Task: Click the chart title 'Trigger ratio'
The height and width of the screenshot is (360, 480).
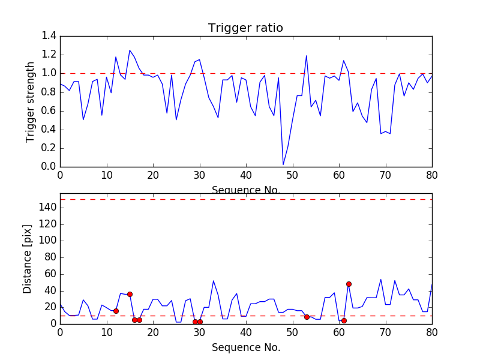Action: (x=245, y=28)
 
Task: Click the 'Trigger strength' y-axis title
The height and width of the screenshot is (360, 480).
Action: (x=31, y=101)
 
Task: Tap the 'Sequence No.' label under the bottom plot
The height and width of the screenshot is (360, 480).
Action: (x=245, y=347)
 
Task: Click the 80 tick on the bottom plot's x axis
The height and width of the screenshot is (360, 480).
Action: (x=432, y=332)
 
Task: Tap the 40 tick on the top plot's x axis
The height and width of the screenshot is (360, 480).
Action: (x=246, y=175)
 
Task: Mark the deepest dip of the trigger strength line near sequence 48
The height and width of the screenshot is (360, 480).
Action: (x=283, y=164)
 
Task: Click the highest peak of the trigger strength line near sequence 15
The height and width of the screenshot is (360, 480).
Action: (x=130, y=50)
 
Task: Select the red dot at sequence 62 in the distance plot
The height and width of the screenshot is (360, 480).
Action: (x=349, y=284)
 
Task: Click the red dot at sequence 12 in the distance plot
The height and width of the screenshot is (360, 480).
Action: (x=116, y=311)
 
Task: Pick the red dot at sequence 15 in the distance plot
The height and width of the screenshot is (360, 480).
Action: (x=130, y=294)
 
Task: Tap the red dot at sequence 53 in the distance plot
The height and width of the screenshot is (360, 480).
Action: (x=307, y=317)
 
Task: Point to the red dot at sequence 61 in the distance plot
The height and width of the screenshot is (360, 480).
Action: (x=344, y=320)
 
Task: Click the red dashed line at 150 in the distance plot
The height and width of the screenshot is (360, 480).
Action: (x=246, y=199)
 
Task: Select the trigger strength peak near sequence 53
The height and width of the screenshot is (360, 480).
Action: (x=307, y=56)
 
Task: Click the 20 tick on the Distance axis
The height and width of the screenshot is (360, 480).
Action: (x=50, y=307)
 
